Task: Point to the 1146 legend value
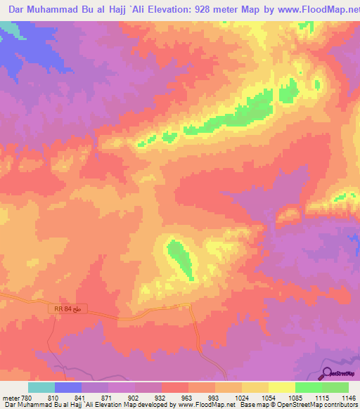click(347, 396)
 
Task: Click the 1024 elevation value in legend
click(241, 396)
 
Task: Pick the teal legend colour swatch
click(41, 387)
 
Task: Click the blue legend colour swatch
click(68, 387)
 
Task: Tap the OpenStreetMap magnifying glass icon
click(327, 374)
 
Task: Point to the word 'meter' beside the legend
click(11, 396)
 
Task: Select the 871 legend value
click(108, 396)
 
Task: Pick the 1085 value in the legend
click(295, 396)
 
